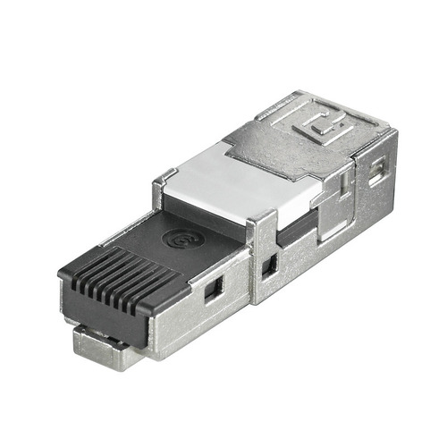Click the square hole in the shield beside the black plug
click(x=213, y=289)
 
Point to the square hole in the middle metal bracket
click(x=268, y=266)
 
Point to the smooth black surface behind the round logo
click(x=215, y=228)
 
